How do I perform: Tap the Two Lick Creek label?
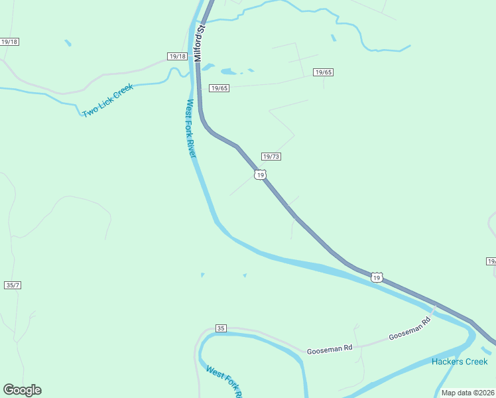pos(107,101)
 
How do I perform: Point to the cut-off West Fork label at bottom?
pos(223,381)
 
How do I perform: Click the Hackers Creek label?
pos(460,362)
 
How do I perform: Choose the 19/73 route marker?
pos(271,157)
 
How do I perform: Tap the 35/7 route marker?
pos(13,285)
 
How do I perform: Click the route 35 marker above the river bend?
pos(221,328)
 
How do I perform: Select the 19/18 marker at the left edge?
pos(9,42)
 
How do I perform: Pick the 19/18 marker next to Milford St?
pos(177,56)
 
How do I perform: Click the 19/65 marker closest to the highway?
pos(219,88)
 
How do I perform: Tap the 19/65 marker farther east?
pos(324,72)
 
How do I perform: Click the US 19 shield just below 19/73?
pos(260,174)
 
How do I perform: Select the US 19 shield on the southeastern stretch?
pos(377,277)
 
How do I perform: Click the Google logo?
pos(22,390)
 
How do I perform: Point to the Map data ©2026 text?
pos(468,393)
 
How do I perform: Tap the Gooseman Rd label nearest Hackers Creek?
pos(409,328)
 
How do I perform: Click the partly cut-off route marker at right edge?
pos(491,261)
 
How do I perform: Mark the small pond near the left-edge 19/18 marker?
pos(68,43)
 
